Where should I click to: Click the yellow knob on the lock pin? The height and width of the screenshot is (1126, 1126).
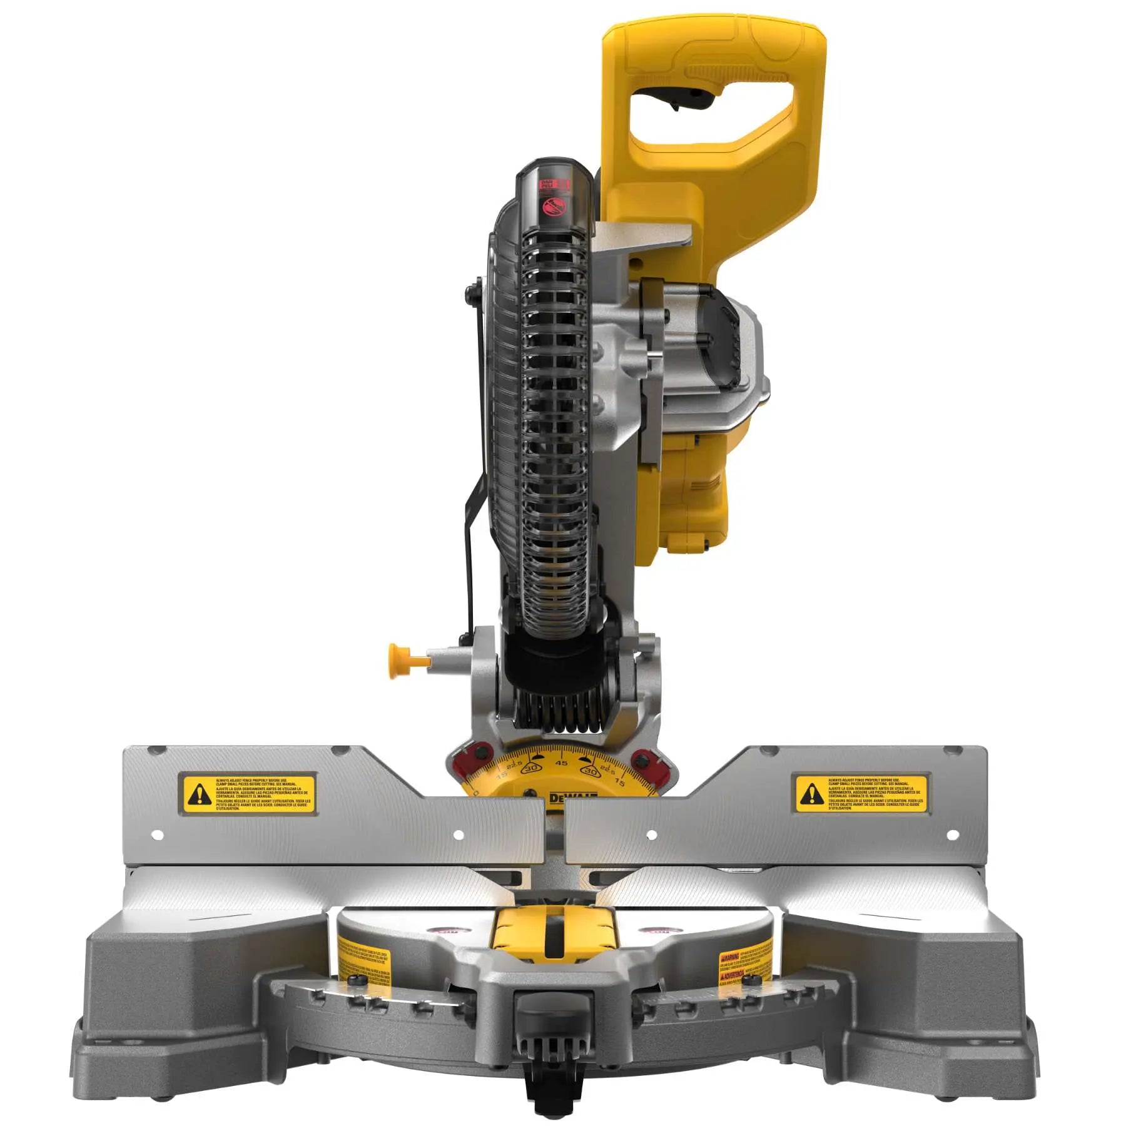pyautogui.click(x=396, y=661)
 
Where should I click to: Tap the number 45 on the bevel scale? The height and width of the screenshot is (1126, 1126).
pyautogui.click(x=561, y=763)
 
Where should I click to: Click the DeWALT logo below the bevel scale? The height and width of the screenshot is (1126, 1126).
pyautogui.click(x=572, y=798)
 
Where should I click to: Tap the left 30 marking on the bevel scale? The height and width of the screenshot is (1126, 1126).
pyautogui.click(x=532, y=768)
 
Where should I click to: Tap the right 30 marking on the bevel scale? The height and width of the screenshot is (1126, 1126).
pyautogui.click(x=591, y=771)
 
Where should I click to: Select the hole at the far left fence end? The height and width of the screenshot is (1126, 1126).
pyautogui.click(x=158, y=834)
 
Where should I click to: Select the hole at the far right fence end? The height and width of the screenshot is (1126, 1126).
pyautogui.click(x=952, y=834)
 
